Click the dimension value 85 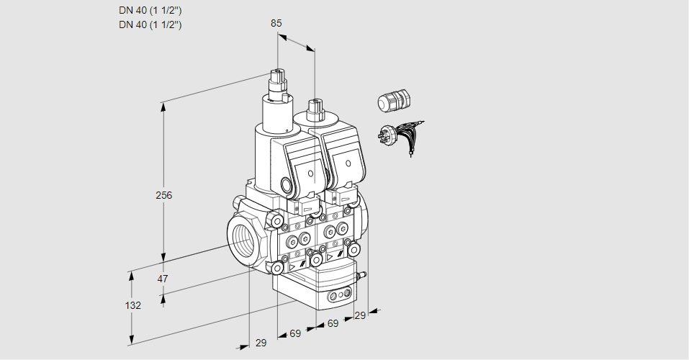[x=276, y=23]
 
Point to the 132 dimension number [x=132, y=305]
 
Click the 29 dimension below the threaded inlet [x=261, y=343]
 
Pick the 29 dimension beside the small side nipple [x=360, y=315]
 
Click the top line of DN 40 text [x=150, y=10]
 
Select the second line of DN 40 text [x=150, y=24]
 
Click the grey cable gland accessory [x=393, y=101]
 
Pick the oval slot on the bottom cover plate [x=338, y=295]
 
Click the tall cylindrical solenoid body [x=274, y=115]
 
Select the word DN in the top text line [x=125, y=10]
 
